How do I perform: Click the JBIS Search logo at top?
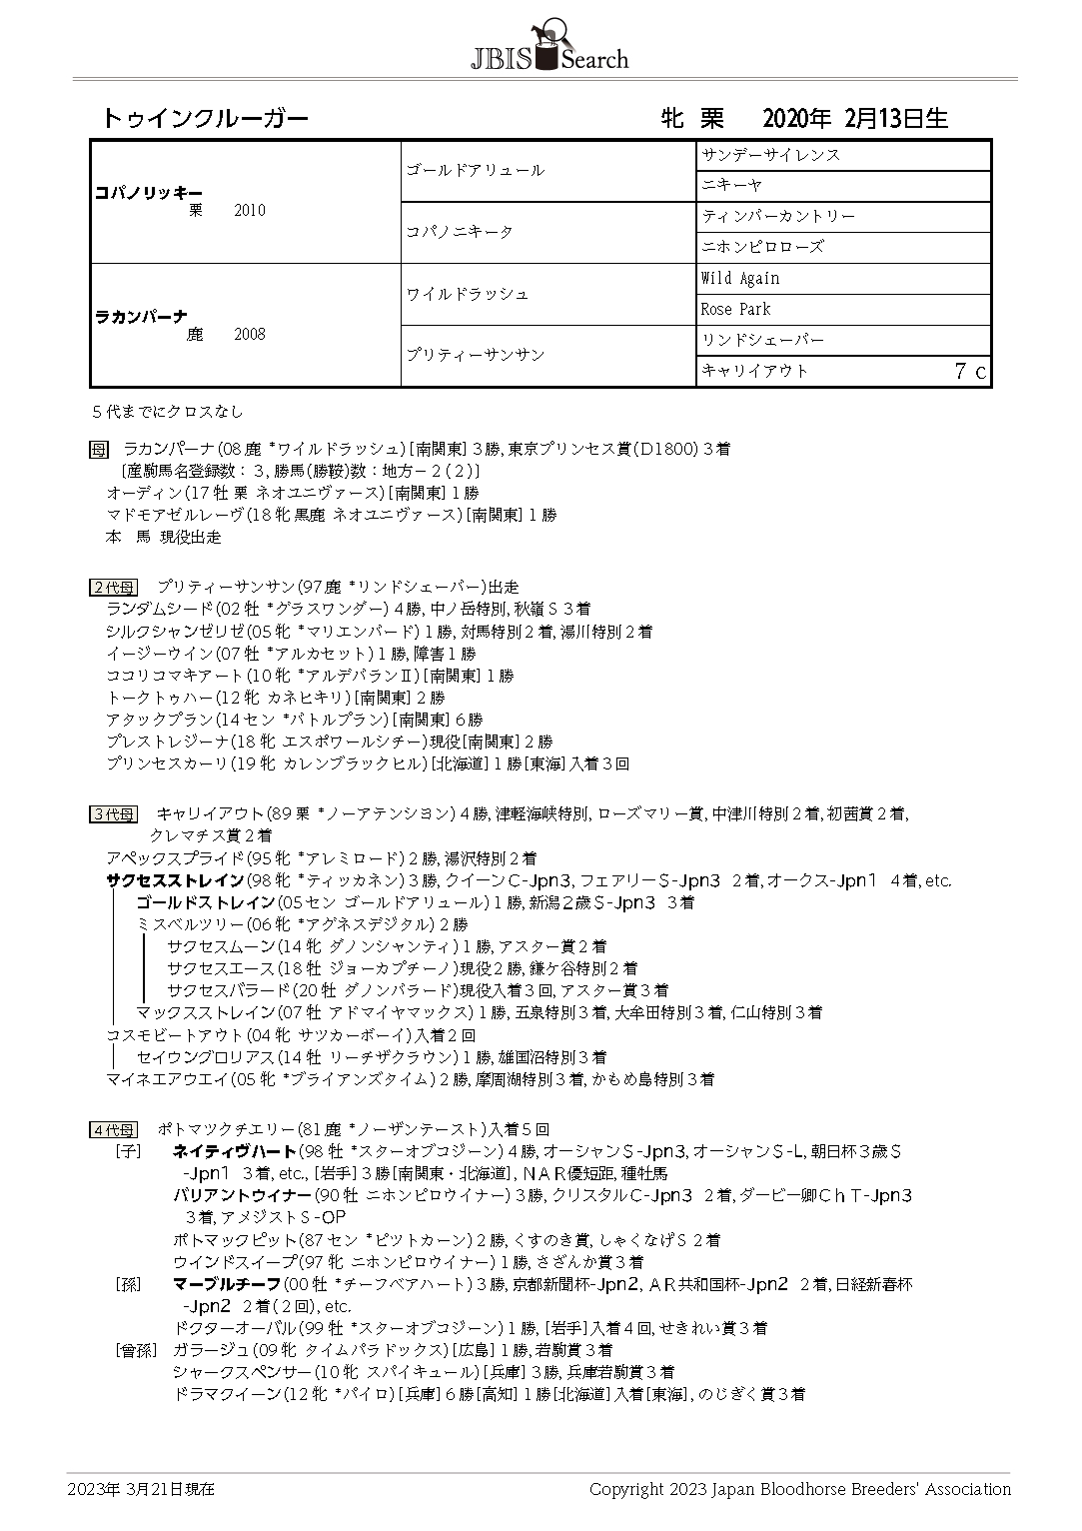[549, 47]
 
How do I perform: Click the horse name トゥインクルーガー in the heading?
[205, 119]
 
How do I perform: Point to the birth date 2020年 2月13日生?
[854, 119]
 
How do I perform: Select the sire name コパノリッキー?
[148, 192]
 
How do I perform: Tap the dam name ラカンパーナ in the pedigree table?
[141, 316]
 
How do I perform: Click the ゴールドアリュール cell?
[475, 171]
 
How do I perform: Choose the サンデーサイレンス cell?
[770, 155]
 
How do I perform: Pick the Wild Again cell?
[740, 278]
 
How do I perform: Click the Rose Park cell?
[735, 309]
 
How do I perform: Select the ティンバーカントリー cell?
[778, 216]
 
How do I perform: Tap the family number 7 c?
[969, 371]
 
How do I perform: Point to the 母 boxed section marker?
[99, 450]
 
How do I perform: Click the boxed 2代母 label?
[113, 588]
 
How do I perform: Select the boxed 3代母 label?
[113, 814]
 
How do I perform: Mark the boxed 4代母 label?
[113, 1130]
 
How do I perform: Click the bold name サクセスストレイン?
[175, 880]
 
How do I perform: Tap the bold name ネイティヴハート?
[235, 1151]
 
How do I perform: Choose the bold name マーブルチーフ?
[227, 1284]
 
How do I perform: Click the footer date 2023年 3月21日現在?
[141, 1489]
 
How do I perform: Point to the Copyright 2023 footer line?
[799, 1489]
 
